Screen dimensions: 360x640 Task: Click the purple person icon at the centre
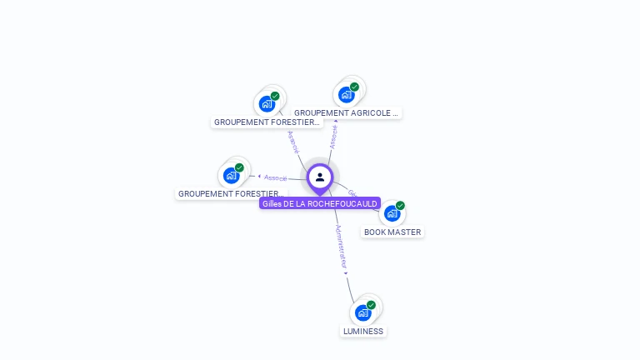[x=320, y=177]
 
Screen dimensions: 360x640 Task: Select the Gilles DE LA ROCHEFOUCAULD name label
[x=320, y=203]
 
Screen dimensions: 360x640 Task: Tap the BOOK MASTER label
[x=392, y=232]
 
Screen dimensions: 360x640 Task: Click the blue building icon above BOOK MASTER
[x=392, y=213]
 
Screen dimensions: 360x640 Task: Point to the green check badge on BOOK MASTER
[x=400, y=206]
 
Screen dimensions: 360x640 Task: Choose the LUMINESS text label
[x=363, y=331]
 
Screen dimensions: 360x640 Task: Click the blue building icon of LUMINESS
[x=362, y=312]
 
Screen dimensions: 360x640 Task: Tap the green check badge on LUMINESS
[x=371, y=305]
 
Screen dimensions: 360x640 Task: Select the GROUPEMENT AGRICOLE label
[x=347, y=112]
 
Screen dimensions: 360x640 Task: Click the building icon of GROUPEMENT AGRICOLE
[x=346, y=94]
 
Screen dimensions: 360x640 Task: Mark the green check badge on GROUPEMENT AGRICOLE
[x=354, y=87]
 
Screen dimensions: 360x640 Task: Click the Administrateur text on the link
[x=340, y=246]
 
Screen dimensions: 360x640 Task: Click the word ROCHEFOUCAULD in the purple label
[x=342, y=203]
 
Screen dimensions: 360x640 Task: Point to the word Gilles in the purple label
[x=272, y=203]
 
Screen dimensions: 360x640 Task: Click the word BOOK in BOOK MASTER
[x=376, y=232]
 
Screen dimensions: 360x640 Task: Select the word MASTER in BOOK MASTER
[x=405, y=232]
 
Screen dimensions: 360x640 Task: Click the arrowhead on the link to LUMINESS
[x=346, y=273]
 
